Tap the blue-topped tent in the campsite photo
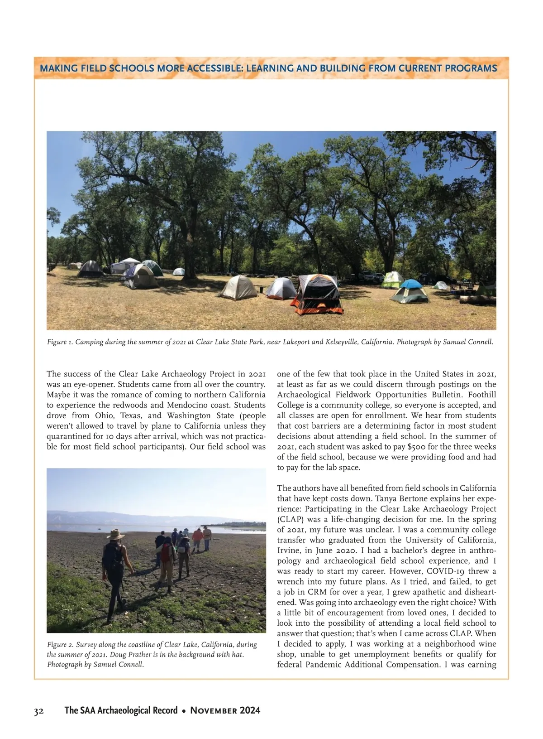(410, 290)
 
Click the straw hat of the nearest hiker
(115, 534)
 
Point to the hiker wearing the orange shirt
(198, 538)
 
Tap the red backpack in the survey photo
(166, 553)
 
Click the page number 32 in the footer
(39, 710)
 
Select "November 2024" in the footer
(225, 710)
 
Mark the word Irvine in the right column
(288, 551)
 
